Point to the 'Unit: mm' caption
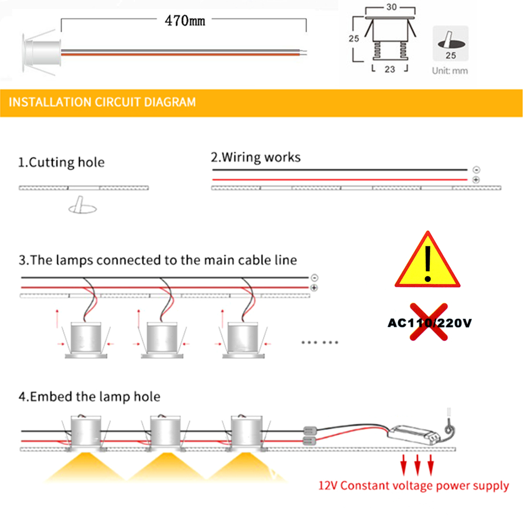[x=450, y=71]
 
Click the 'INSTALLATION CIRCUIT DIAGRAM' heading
[x=103, y=101]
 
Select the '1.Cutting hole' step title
[x=61, y=162]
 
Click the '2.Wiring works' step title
[x=255, y=157]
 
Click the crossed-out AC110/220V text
[x=429, y=323]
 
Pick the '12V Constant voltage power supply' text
[x=414, y=486]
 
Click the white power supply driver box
[x=415, y=433]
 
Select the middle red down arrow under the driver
[x=417, y=463]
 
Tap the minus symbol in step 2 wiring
[x=475, y=170]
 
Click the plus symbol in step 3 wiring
[x=314, y=288]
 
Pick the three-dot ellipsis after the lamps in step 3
[x=320, y=343]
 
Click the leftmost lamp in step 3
[x=85, y=340]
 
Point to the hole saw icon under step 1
[x=83, y=206]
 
